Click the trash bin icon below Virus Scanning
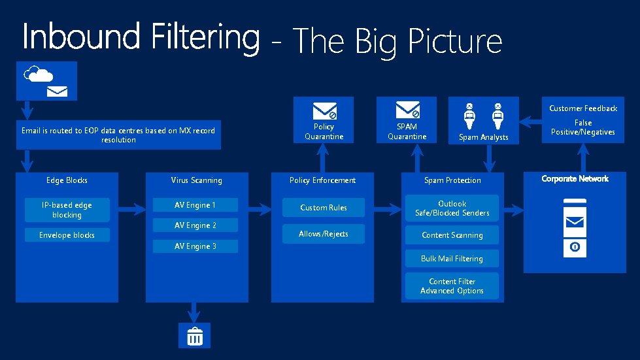point(195,336)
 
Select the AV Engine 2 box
point(195,225)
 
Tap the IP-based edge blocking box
point(67,210)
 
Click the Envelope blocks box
point(67,235)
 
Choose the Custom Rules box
point(324,208)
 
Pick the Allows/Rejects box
point(324,234)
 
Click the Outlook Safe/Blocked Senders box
point(452,208)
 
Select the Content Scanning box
point(452,235)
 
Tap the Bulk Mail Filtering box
point(452,259)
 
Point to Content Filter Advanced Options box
point(452,286)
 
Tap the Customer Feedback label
point(582,108)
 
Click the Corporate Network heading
point(575,178)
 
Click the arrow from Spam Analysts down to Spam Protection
point(487,158)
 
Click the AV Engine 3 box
point(195,246)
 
